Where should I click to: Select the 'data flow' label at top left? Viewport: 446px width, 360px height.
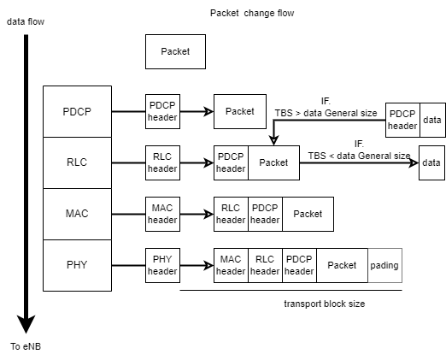point(26,21)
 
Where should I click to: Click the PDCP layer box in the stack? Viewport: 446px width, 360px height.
point(77,111)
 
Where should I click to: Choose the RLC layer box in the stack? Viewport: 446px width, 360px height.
point(77,162)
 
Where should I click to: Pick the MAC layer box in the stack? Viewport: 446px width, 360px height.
point(77,214)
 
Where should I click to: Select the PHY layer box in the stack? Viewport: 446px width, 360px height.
point(77,265)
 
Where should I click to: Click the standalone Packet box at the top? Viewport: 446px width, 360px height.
point(175,52)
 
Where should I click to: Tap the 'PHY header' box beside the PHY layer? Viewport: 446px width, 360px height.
point(162,265)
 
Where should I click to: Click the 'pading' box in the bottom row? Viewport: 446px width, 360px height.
point(384,265)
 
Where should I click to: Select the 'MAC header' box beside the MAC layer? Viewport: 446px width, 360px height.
point(162,214)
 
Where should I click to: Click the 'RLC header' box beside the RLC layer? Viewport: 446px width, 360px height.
point(162,162)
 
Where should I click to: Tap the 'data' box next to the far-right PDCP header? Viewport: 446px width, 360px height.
point(432,120)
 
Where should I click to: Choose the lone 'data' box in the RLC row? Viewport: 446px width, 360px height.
point(431,162)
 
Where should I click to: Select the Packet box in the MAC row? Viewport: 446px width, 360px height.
point(308,214)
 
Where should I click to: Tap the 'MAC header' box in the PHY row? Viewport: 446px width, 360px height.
point(231,265)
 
